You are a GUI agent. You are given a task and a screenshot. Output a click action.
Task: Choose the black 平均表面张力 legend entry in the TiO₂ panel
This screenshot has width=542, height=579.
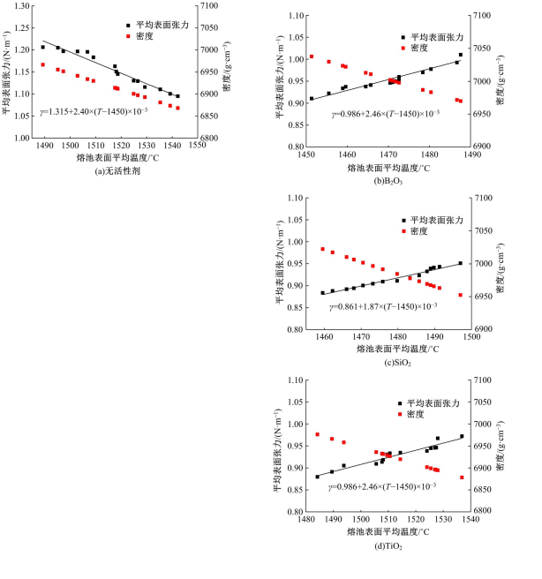point(435,402)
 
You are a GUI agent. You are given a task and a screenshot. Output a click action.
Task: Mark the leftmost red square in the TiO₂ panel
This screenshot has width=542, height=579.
point(317,434)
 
